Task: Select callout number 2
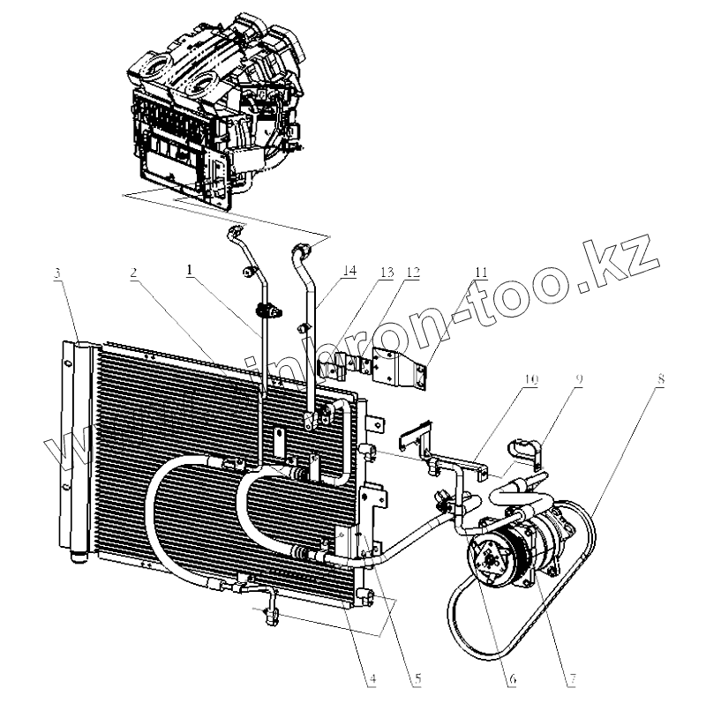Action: [x=132, y=274]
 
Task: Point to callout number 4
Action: [x=374, y=679]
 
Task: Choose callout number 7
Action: [x=572, y=679]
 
